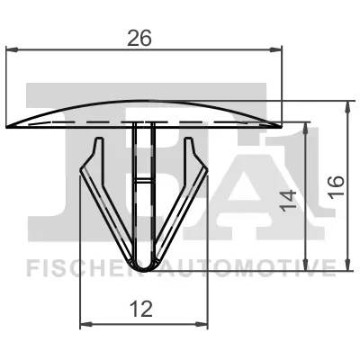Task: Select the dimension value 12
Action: [x=139, y=309]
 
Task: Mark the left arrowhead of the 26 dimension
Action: [x=10, y=53]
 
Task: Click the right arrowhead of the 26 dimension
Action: [x=277, y=53]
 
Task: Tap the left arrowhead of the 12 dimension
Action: [x=85, y=323]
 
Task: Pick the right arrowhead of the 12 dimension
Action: [x=195, y=323]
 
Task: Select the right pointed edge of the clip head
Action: [x=281, y=123]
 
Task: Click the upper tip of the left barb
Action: [x=94, y=140]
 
